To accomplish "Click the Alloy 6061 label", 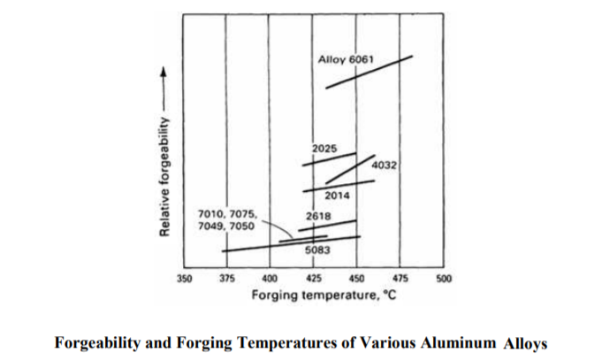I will [x=346, y=58].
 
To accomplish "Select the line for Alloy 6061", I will [x=369, y=72].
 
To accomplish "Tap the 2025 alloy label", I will [x=324, y=146].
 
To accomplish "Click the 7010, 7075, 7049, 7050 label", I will [x=225, y=220].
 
